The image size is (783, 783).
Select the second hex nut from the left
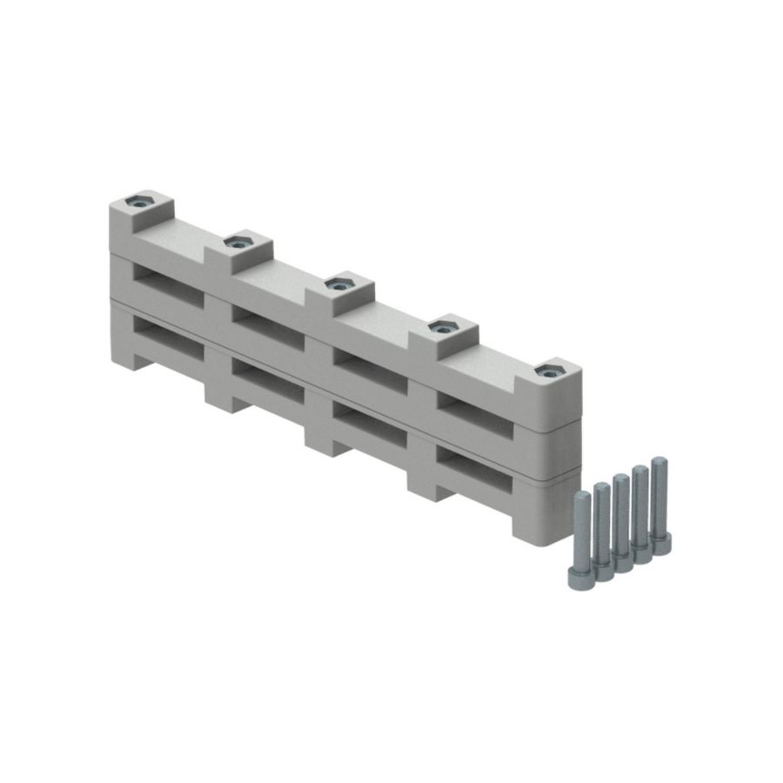tap(235, 242)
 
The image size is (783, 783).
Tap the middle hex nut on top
tap(336, 282)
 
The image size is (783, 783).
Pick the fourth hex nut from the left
tap(442, 326)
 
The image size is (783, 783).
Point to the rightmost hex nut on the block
tap(546, 371)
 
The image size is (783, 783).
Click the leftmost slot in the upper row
tap(165, 284)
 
